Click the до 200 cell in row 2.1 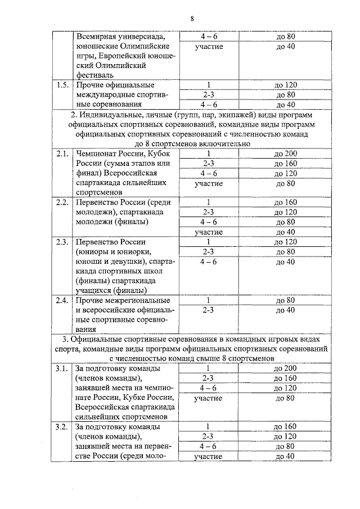[x=286, y=154]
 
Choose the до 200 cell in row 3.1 [x=285, y=368]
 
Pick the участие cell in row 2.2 [x=209, y=232]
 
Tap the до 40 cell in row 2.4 [x=286, y=309]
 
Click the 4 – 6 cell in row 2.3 [x=209, y=261]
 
